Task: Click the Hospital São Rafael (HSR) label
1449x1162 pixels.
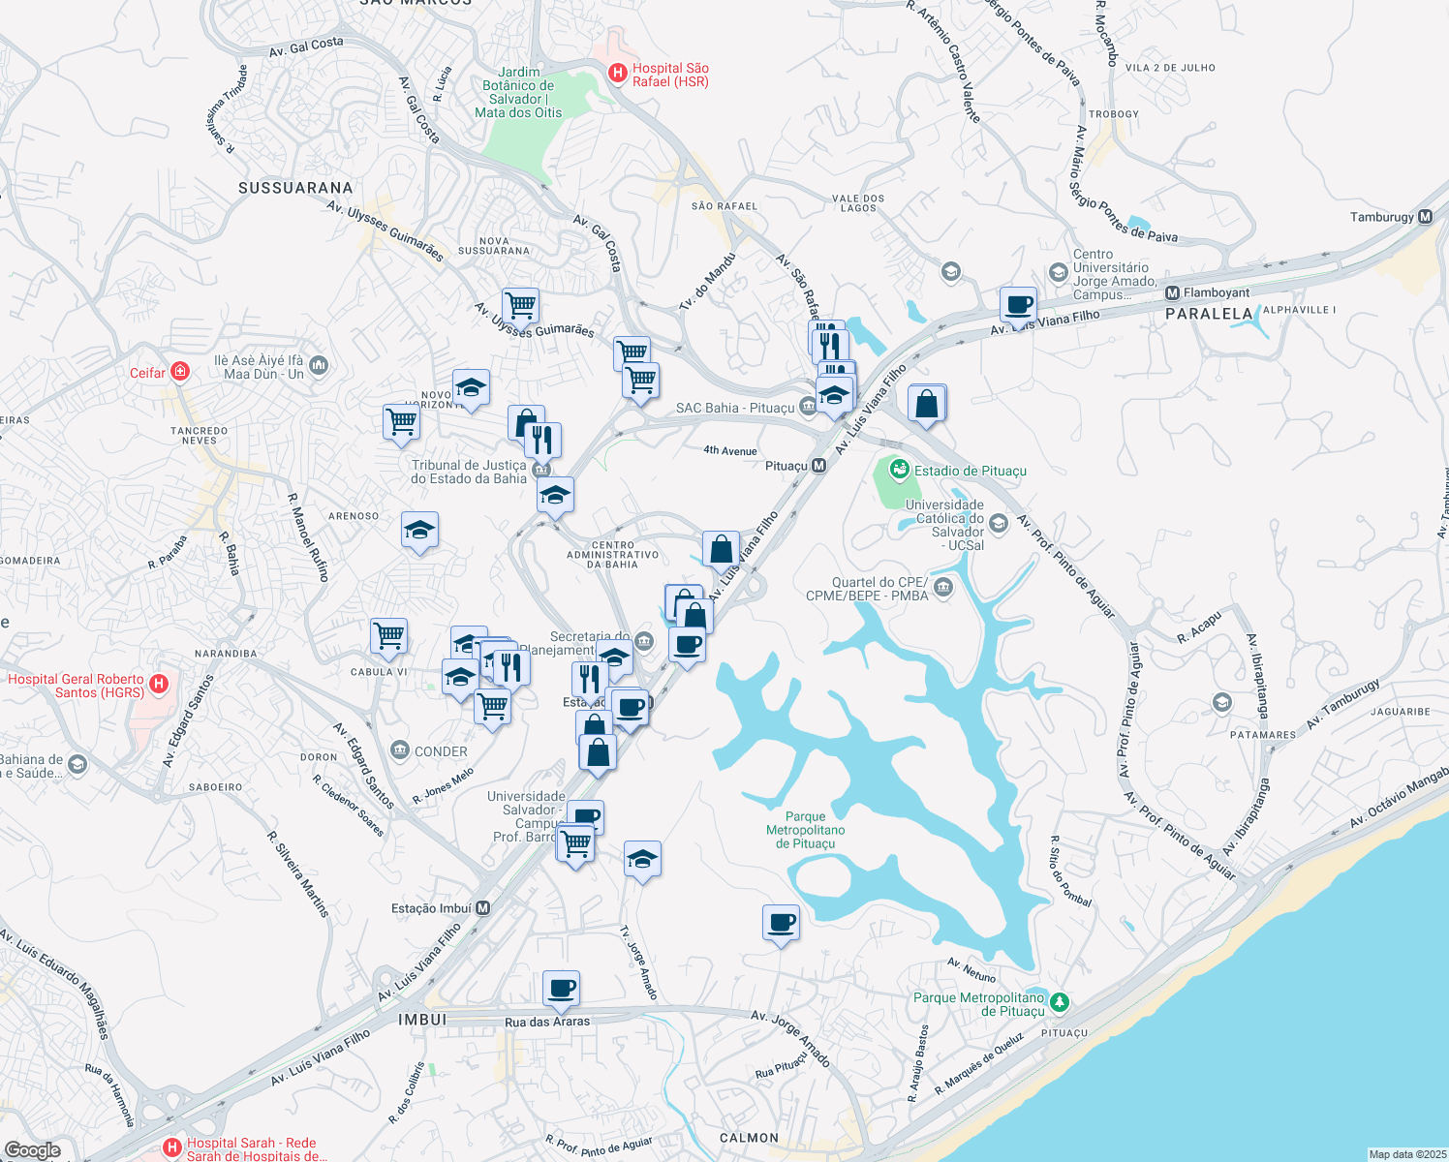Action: (670, 76)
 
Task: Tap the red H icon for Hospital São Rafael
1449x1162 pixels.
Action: (617, 73)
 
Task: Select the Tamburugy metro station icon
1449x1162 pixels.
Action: (1425, 217)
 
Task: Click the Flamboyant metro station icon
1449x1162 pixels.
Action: (1172, 292)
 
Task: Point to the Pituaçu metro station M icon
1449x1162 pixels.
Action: (819, 466)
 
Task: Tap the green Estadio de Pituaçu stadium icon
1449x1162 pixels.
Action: (900, 471)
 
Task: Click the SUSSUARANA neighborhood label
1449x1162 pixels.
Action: (295, 188)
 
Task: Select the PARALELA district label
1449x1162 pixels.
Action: (1209, 314)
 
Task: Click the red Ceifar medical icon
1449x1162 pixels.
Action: (179, 372)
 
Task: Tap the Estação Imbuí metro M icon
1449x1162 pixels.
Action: (483, 908)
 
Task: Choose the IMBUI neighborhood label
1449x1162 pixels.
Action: (423, 1020)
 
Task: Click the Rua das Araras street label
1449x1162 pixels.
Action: (547, 1022)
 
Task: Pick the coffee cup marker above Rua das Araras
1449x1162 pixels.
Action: (562, 989)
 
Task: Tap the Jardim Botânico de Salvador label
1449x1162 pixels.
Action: (518, 92)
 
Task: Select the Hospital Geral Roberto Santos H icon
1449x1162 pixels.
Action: (160, 685)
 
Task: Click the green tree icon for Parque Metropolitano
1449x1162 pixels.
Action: (1060, 1002)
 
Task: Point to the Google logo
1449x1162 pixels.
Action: (33, 1149)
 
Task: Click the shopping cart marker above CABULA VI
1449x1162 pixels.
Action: (388, 636)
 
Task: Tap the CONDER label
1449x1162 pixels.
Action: (441, 751)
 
